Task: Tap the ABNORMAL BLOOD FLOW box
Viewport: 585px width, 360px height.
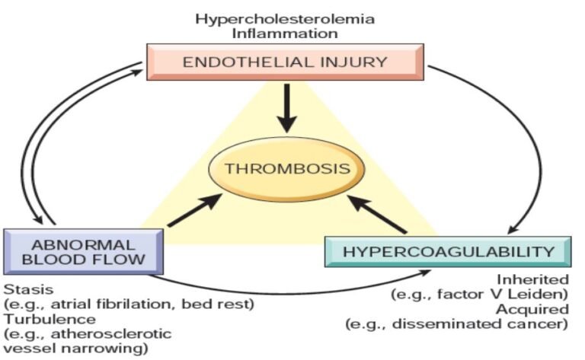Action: (84, 251)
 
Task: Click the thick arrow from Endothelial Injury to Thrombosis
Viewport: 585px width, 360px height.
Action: (286, 107)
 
